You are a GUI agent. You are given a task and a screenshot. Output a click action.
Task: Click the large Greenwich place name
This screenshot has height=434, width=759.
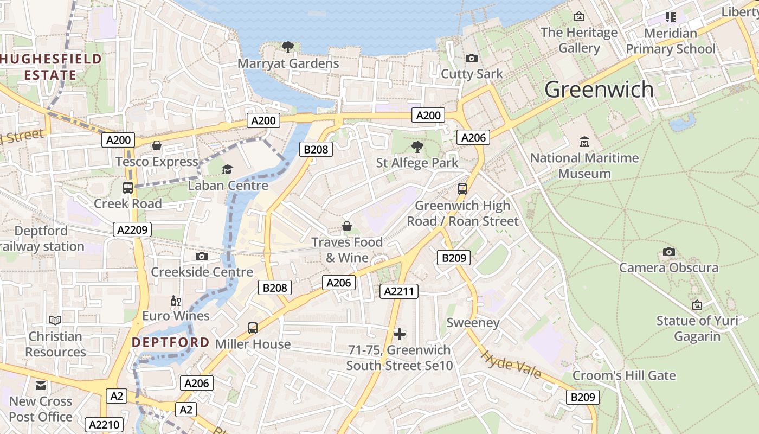tap(599, 90)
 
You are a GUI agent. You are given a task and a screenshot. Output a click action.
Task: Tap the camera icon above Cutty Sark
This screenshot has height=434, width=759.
tap(472, 58)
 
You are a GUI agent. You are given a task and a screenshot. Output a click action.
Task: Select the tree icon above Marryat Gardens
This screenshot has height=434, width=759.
tap(288, 47)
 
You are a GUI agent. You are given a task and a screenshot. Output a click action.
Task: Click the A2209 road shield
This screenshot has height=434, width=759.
tap(133, 229)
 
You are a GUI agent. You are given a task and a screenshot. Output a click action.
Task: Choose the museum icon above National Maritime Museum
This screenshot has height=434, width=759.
tap(584, 142)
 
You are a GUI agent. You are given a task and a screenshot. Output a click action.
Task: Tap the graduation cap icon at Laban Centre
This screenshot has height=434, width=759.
tap(227, 170)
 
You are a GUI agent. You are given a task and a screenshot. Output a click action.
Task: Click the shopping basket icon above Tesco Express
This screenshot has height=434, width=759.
tap(157, 145)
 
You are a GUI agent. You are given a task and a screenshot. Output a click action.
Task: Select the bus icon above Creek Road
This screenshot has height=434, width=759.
tap(128, 188)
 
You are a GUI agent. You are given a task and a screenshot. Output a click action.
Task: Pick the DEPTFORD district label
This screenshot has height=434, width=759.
tap(170, 342)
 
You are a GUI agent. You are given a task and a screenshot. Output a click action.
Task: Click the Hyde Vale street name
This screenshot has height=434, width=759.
tap(511, 365)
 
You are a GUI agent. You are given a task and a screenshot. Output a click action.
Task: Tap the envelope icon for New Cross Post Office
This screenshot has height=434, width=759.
tap(41, 386)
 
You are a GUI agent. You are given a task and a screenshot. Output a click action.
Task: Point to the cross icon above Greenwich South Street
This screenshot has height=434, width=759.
tap(400, 334)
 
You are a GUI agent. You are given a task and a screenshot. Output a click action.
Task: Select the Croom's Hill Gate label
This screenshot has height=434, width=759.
tap(624, 375)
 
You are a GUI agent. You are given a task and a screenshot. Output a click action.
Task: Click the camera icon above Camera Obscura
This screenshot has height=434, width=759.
tap(669, 252)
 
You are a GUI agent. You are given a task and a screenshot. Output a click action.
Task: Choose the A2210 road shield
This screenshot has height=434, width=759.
tap(105, 425)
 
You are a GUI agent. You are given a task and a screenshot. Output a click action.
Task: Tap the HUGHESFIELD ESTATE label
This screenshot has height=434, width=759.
tap(51, 67)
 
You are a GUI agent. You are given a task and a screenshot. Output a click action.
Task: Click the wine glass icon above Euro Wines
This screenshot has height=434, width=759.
tap(175, 301)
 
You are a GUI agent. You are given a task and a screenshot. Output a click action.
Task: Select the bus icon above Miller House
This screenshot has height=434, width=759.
tap(253, 328)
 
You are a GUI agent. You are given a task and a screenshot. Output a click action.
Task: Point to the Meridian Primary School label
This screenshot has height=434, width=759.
tap(671, 41)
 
